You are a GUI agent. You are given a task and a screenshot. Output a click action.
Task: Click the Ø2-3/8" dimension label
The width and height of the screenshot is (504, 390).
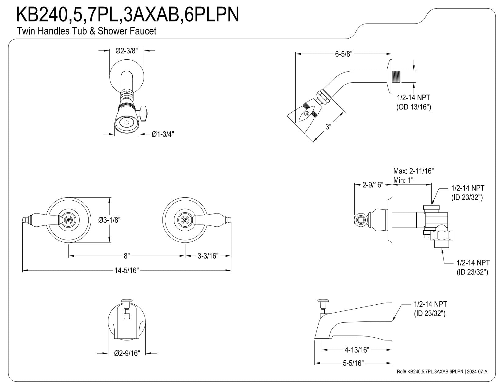click(127, 51)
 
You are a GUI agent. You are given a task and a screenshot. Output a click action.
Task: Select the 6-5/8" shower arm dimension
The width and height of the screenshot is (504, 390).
click(344, 54)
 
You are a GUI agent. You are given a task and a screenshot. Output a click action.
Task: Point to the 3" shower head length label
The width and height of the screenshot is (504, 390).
click(328, 126)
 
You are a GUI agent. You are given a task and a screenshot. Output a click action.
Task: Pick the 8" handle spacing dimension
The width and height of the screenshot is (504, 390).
click(126, 256)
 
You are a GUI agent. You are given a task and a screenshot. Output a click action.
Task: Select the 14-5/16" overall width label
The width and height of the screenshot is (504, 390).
click(126, 270)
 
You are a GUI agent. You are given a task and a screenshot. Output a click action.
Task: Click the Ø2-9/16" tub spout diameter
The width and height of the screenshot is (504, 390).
click(127, 353)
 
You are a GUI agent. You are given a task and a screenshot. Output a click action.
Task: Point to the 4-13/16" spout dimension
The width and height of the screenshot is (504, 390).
click(357, 349)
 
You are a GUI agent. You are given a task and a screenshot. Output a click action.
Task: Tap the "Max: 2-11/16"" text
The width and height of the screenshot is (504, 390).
click(414, 171)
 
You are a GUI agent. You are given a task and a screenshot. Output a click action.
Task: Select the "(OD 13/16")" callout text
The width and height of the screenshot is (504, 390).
click(414, 107)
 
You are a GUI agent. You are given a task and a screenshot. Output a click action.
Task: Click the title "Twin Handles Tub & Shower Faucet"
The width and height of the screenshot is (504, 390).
click(87, 31)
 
